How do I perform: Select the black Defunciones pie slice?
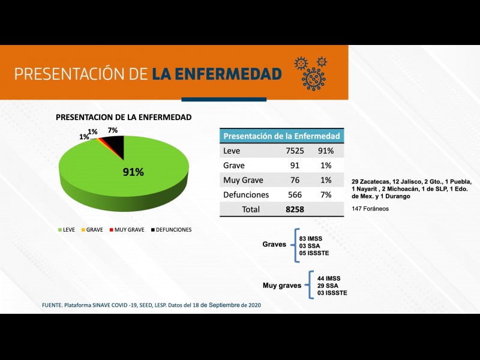click(116, 147)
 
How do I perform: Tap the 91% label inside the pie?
click(133, 172)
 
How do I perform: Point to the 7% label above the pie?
click(112, 130)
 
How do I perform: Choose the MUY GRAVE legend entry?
click(128, 230)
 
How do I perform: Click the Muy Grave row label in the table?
click(243, 180)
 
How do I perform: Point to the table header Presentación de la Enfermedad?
click(281, 136)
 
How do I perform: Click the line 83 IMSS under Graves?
click(311, 238)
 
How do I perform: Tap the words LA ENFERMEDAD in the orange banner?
click(217, 74)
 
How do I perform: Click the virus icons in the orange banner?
click(311, 72)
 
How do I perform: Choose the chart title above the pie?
click(124, 117)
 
